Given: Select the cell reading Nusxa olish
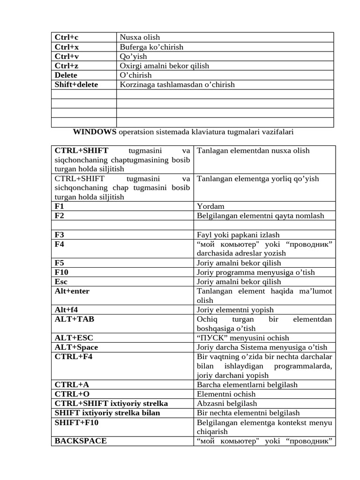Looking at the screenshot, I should tap(140, 37).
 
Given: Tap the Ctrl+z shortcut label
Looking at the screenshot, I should tap(67, 66).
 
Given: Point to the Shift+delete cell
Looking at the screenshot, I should tap(76, 84).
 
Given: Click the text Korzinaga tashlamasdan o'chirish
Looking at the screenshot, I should tap(177, 84).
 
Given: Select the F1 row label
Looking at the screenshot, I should tap(60, 206).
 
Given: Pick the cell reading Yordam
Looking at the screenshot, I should tap(210, 206).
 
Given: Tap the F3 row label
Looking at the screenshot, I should tap(60, 234).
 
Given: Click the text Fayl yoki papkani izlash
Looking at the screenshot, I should tap(238, 234).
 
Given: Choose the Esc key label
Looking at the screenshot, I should tap(61, 281).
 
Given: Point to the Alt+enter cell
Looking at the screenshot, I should tap(72, 291).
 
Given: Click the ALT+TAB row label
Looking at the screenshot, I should tap(74, 319).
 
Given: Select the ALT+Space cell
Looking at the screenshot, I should tap(76, 347).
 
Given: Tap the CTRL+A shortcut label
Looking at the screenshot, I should tap(72, 384).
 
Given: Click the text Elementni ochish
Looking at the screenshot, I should tap(226, 394).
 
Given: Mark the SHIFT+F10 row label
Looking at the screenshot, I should tap(76, 422).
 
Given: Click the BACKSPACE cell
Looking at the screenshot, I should tap(81, 441).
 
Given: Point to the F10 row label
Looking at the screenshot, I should tap(61, 272).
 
